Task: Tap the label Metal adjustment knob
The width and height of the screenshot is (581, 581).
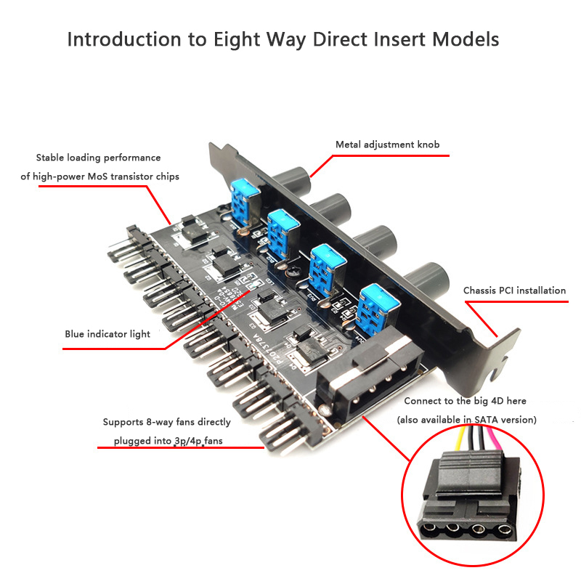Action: coord(387,145)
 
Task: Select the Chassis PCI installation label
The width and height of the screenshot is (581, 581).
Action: coord(514,290)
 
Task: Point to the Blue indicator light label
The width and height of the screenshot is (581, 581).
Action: coord(107,334)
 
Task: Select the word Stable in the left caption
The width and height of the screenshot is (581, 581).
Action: coord(49,158)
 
